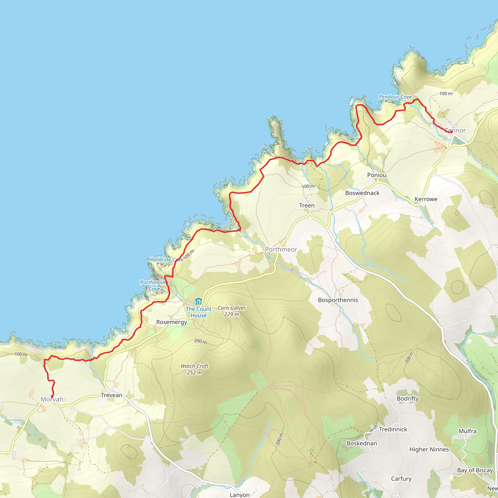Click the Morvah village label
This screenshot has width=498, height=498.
click(52, 399)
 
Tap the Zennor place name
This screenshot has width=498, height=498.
click(455, 130)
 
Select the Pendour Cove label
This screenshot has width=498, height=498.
click(395, 97)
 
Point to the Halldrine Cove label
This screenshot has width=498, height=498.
click(166, 259)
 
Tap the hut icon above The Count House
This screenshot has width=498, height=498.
click(198, 301)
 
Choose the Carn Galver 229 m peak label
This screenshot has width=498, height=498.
click(231, 311)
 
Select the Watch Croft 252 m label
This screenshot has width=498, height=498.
click(194, 369)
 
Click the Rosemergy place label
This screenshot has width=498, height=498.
click(172, 322)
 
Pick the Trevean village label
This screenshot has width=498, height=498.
click(112, 395)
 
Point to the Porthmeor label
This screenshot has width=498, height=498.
click(281, 249)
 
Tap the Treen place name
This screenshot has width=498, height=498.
click(307, 205)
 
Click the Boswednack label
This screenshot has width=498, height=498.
click(362, 193)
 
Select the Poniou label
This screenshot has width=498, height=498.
click(377, 175)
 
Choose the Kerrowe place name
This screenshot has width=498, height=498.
click(426, 199)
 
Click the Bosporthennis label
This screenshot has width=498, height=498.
click(338, 300)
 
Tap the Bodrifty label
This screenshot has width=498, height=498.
click(408, 399)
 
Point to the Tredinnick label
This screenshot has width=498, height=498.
click(393, 429)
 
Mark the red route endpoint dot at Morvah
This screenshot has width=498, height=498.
click(52, 397)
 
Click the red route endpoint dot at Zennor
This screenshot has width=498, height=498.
click(452, 132)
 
